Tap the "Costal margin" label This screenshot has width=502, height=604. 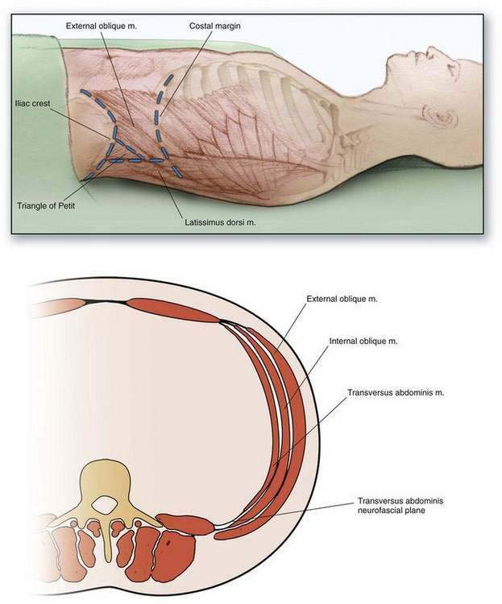point(215,25)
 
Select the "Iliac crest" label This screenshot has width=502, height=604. point(33,103)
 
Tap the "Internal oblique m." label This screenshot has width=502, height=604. point(363,341)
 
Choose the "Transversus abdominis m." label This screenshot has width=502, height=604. point(396,393)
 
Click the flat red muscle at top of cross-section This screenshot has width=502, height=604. point(173,309)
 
